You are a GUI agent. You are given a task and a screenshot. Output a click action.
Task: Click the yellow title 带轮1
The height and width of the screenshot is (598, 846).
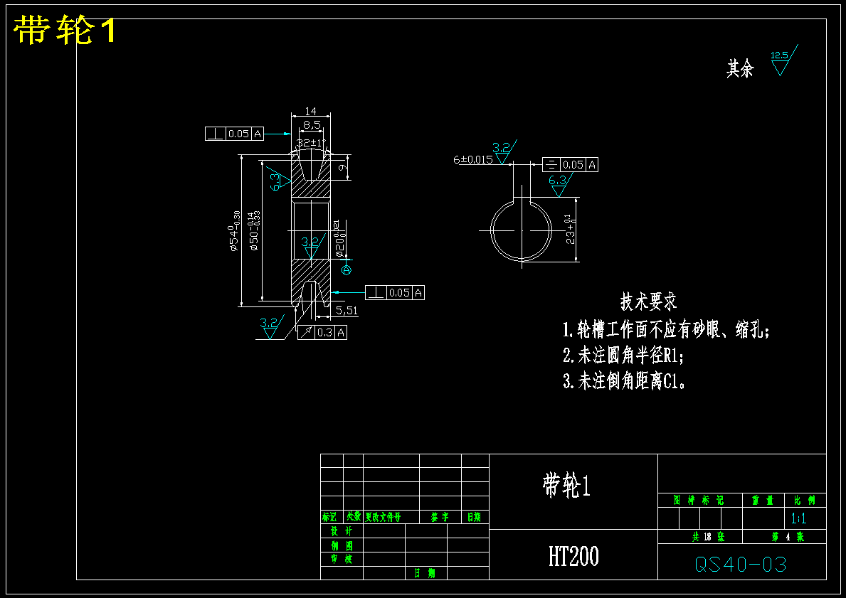tap(65, 31)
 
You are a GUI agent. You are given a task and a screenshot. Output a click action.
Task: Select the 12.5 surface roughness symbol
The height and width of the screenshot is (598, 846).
tap(781, 60)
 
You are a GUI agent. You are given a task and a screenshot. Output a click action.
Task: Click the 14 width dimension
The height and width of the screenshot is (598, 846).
tap(311, 111)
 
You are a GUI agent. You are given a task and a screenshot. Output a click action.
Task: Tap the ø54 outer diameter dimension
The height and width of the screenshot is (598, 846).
tap(233, 231)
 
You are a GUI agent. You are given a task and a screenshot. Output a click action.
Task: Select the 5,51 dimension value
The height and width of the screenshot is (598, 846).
tap(347, 311)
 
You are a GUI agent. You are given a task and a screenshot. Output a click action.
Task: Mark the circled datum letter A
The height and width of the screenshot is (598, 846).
tap(347, 269)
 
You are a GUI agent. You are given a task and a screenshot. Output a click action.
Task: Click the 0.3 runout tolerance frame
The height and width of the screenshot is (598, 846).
tap(322, 332)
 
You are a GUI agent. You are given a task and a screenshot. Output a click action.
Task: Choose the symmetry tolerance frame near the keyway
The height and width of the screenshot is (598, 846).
tap(570, 165)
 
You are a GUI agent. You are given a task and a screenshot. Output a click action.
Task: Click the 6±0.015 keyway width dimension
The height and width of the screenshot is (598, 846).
tap(473, 160)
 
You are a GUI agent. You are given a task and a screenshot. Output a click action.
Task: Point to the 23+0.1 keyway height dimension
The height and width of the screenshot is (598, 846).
tap(570, 229)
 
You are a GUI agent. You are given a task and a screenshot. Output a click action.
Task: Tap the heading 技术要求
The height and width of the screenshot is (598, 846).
tap(648, 301)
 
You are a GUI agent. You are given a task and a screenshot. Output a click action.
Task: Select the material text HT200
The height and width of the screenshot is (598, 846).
tap(573, 556)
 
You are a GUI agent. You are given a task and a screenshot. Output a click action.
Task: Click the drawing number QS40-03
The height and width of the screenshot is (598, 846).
tap(741, 565)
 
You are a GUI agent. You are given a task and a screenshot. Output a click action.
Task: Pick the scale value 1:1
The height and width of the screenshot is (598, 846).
tap(798, 518)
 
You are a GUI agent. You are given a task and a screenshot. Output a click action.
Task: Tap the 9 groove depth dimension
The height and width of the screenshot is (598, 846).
tap(342, 168)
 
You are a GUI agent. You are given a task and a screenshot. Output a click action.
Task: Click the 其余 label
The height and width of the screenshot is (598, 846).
tap(739, 69)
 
